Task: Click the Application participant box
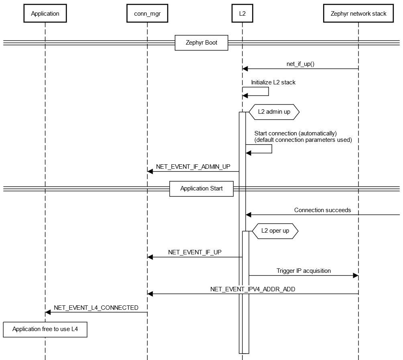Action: [45, 14]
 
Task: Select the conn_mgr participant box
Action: [147, 14]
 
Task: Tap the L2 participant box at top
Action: [242, 14]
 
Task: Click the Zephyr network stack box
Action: [358, 14]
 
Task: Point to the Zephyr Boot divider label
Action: [201, 43]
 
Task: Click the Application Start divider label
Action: [201, 188]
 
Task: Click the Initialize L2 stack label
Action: [273, 82]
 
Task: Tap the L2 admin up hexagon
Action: [274, 112]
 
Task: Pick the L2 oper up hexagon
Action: [275, 231]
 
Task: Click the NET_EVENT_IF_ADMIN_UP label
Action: [193, 167]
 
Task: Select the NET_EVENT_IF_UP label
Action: [195, 252]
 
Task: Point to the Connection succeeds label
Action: [322, 210]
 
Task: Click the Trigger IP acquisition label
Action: [303, 271]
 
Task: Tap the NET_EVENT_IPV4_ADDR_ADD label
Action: [252, 289]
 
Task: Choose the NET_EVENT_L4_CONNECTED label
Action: [96, 308]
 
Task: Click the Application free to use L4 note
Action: [45, 329]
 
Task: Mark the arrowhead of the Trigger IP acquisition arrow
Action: [355, 276]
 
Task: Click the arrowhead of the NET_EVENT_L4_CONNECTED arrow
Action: [48, 312]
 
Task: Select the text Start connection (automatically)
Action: [295, 133]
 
